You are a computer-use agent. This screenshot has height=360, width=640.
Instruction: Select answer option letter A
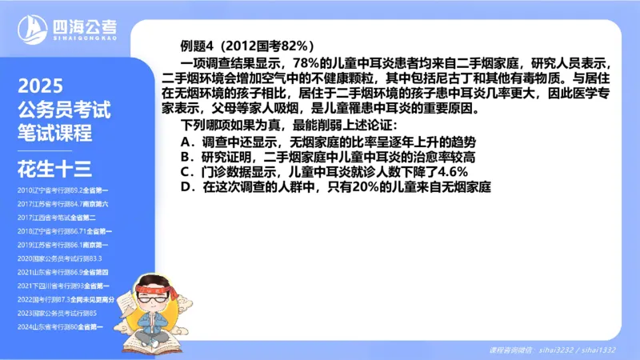tap(186, 141)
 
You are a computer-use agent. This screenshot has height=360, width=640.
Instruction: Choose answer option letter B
tap(186, 156)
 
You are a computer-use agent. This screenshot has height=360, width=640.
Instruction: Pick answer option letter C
tap(186, 171)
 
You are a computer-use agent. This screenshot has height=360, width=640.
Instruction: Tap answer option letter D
tap(186, 186)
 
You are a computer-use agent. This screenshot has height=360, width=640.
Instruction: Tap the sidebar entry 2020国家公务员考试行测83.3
tap(60, 258)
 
